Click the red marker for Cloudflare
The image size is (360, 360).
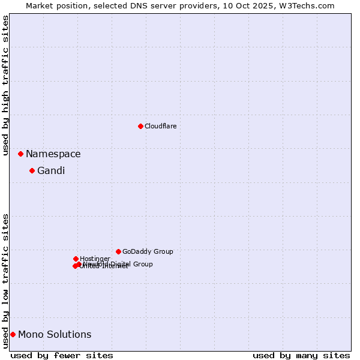pyautogui.click(x=140, y=126)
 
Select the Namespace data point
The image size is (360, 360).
pyautogui.click(x=20, y=154)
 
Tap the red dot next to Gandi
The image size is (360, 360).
pyautogui.click(x=32, y=171)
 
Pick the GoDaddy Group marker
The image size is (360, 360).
pyautogui.click(x=118, y=251)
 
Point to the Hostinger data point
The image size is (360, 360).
pyautogui.click(x=76, y=259)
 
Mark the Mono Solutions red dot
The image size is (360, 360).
pyautogui.click(x=13, y=334)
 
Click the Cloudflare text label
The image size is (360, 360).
pyautogui.click(x=161, y=126)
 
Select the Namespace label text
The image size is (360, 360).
pyautogui.click(x=53, y=154)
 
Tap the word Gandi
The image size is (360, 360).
pyautogui.click(x=51, y=171)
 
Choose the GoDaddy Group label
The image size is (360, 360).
pyautogui.click(x=148, y=251)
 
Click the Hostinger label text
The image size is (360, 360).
pyautogui.click(x=95, y=259)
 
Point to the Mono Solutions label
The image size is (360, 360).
pyautogui.click(x=55, y=335)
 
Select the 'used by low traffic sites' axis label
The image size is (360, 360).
pyautogui.click(x=6, y=280)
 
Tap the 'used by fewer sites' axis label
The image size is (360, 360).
pyautogui.click(x=62, y=355)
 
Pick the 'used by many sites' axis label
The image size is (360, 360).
pyautogui.click(x=301, y=355)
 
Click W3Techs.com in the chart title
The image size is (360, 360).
pyautogui.click(x=305, y=5)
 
